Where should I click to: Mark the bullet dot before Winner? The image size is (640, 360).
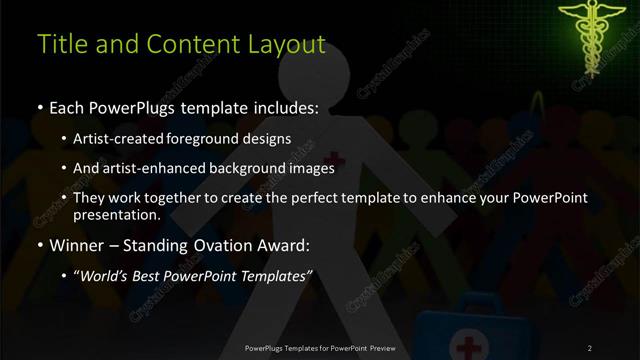click(x=39, y=244)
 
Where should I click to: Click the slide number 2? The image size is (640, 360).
click(x=590, y=347)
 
